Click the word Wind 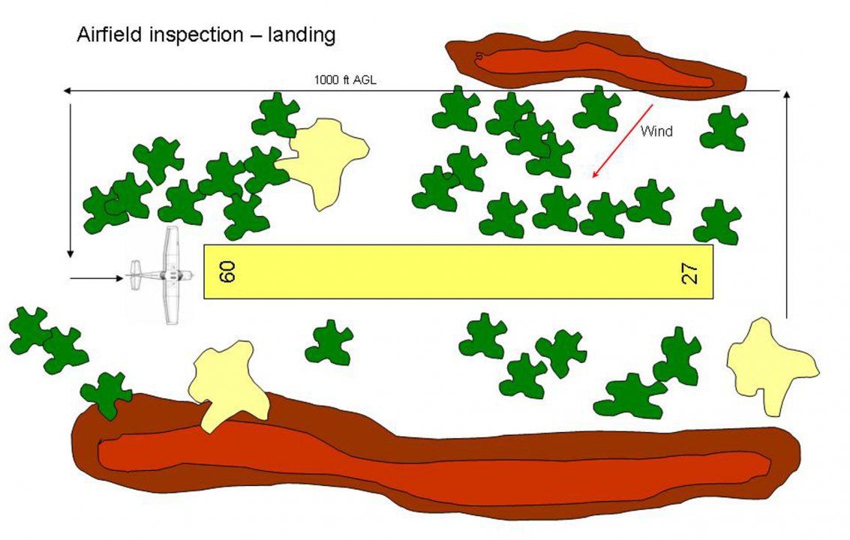[x=656, y=131]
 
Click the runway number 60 [x=228, y=271]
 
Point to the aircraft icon [x=164, y=275]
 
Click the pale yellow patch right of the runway [x=770, y=364]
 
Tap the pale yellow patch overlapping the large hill [x=226, y=382]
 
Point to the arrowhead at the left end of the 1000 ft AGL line [x=67, y=90]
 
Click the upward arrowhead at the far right [x=786, y=95]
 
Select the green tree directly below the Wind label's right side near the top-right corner [x=723, y=128]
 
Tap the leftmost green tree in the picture [x=29, y=330]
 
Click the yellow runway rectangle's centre [x=458, y=271]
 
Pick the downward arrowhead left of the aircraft [x=70, y=254]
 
